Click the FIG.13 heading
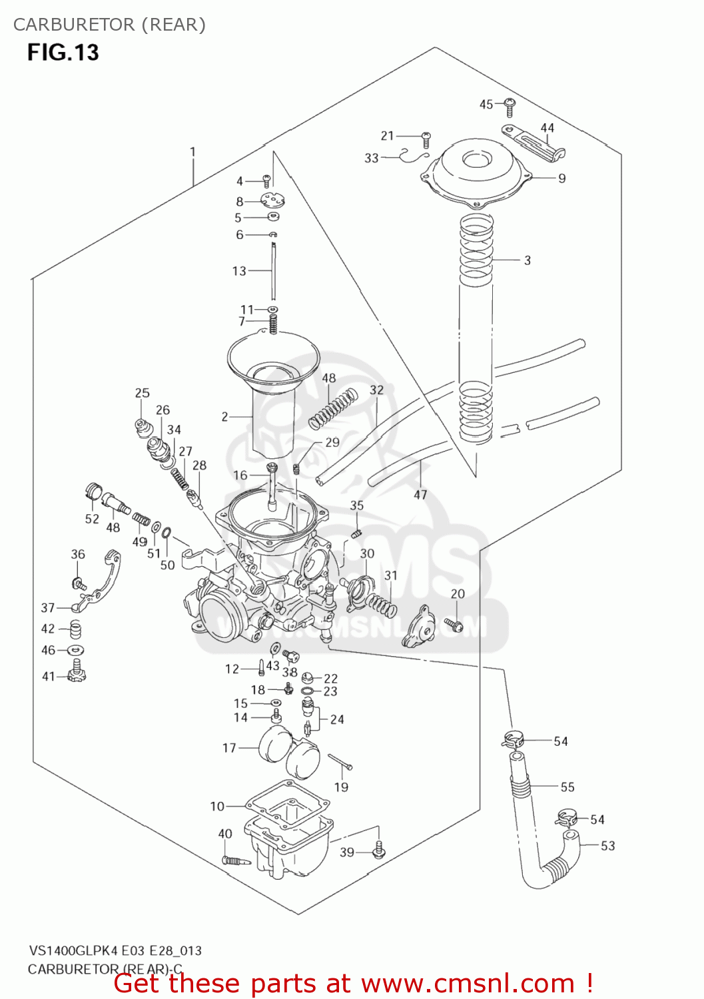pos(63,53)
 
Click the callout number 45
pos(486,104)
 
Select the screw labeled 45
pos(510,107)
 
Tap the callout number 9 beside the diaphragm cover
pos(561,178)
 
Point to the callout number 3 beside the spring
pos(527,260)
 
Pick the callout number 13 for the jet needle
pos(239,271)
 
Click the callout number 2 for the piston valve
pos(225,417)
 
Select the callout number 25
pos(143,393)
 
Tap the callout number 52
pos(92,519)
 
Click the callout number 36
pos(78,554)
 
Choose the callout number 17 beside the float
pos(229,748)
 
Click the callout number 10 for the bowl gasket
pos(217,807)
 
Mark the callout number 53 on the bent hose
pos(607,846)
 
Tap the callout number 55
pos(567,787)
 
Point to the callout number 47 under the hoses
pos(420,495)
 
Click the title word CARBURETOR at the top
pos(73,25)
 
